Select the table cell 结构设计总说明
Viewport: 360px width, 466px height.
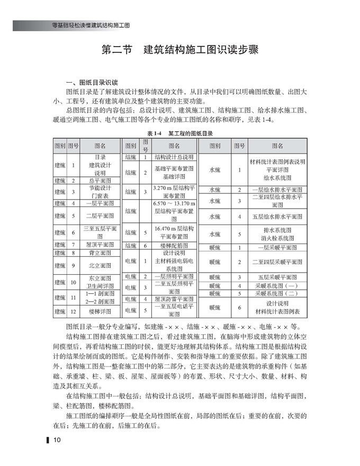coord(174,157)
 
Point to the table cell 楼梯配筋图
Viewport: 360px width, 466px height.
coord(174,246)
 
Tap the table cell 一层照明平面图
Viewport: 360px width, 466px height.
coord(174,276)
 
